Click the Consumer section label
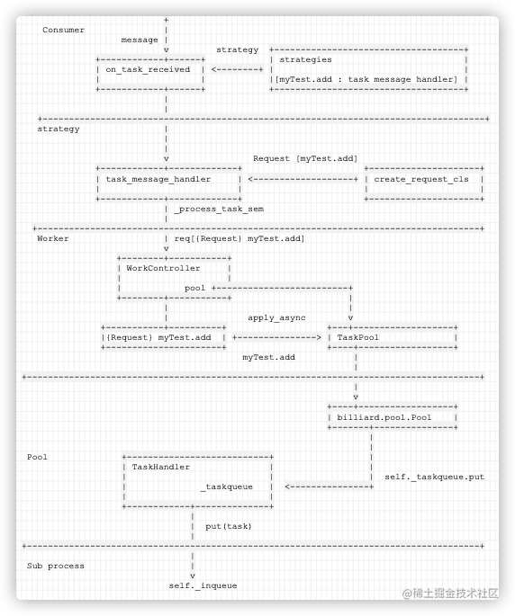(63, 30)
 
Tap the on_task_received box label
(148, 69)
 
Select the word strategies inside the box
(306, 59)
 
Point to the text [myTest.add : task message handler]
(366, 79)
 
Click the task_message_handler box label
(158, 179)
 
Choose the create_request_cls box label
(421, 179)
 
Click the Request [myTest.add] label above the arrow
(305, 158)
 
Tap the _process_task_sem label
(219, 209)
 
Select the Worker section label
(53, 238)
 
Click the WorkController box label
(163, 268)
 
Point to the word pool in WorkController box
(195, 289)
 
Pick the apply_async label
(276, 317)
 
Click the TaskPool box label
(358, 337)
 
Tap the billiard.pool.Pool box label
(384, 417)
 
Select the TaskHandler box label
(160, 467)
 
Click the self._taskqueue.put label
(434, 477)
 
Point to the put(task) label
(228, 526)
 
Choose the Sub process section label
(56, 567)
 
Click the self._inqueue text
(203, 585)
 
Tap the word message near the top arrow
(140, 40)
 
